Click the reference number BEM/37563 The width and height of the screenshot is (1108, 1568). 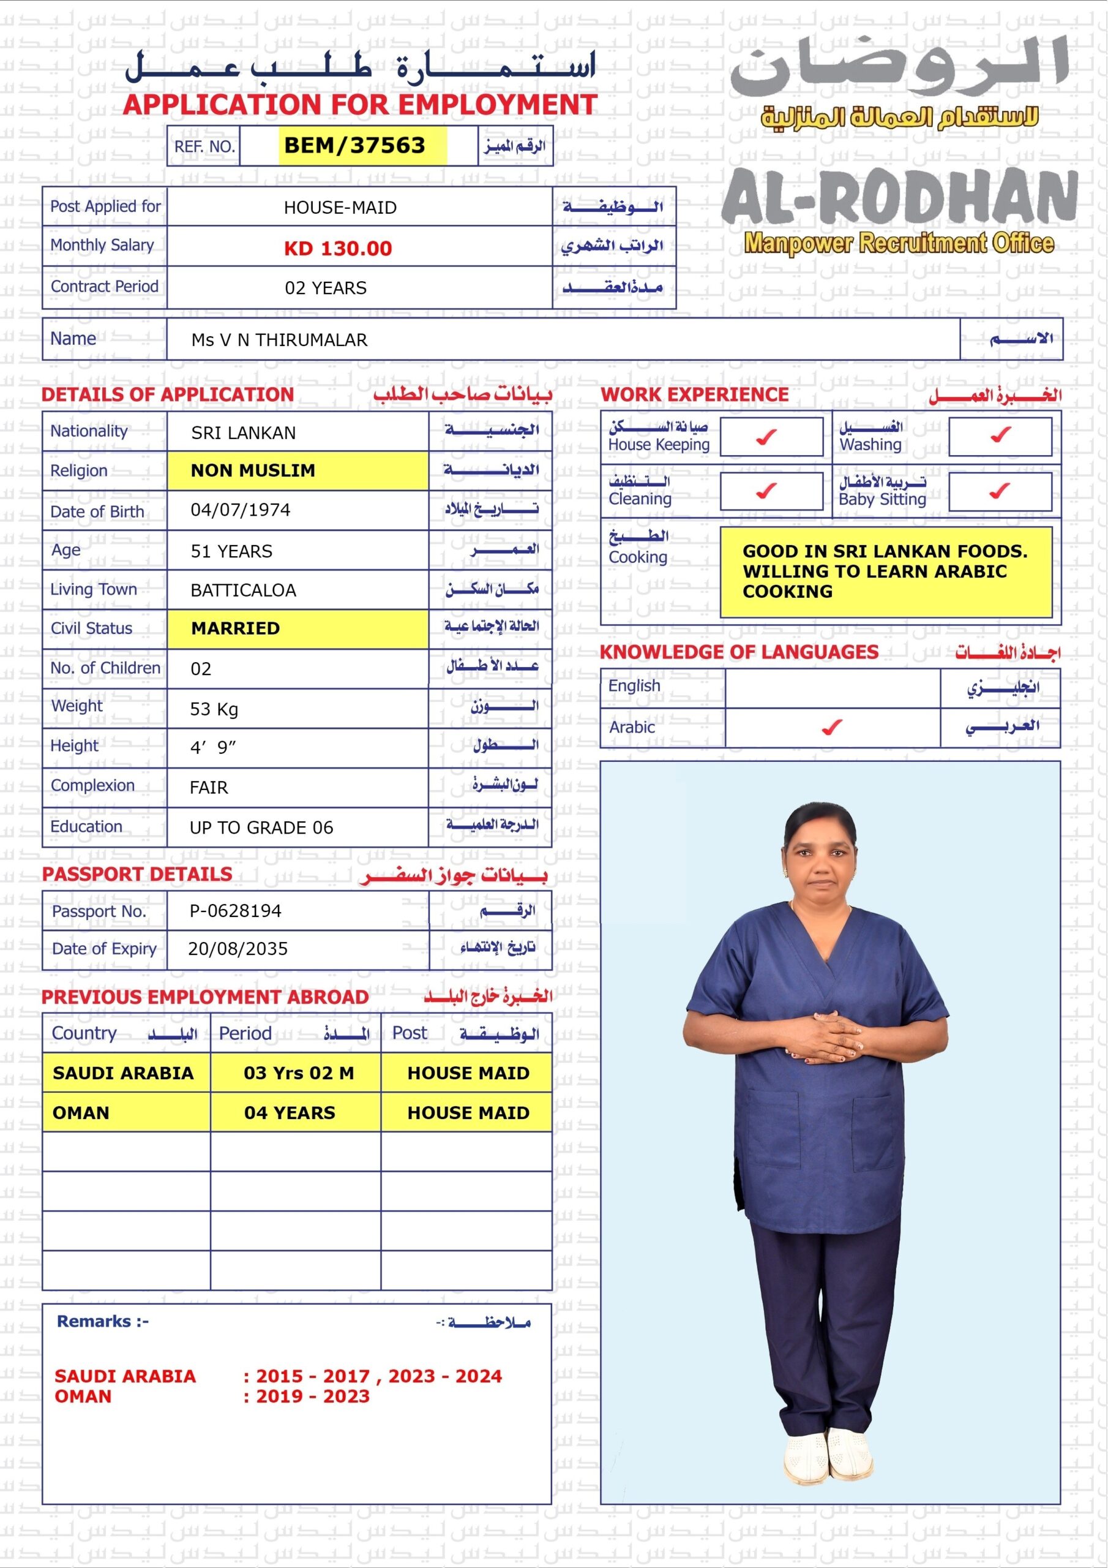click(354, 145)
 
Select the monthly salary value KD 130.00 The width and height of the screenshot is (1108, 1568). click(338, 248)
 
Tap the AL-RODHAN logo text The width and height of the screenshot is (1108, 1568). click(899, 197)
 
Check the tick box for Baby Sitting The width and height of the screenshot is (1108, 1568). click(1000, 491)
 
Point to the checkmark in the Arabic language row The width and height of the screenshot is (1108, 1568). click(831, 727)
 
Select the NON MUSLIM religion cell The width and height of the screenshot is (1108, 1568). click(253, 470)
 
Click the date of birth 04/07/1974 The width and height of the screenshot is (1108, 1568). click(241, 510)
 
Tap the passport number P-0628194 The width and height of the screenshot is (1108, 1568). click(236, 910)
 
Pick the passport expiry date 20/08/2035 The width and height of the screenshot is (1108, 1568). click(238, 949)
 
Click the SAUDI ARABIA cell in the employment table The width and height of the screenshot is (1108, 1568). click(123, 1073)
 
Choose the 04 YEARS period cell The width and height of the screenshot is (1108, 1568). click(290, 1113)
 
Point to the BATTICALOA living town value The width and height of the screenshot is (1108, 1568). click(243, 590)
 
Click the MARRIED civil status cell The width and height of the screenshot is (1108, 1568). click(236, 628)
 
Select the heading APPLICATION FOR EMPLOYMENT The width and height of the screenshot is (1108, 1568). click(360, 105)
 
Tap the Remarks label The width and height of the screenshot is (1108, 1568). click(102, 1321)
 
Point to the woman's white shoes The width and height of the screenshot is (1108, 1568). click(828, 1455)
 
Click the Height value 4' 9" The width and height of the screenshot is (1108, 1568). click(213, 748)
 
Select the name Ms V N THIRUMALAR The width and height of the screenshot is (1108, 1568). click(279, 339)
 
